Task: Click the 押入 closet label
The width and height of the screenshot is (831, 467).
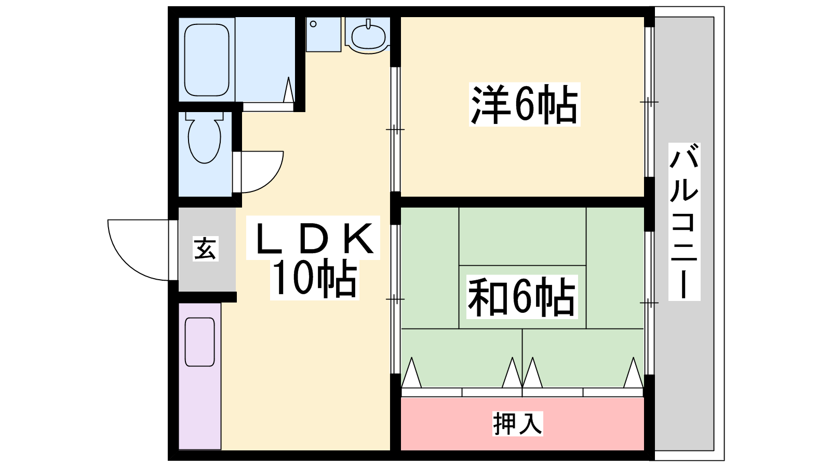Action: tap(517, 423)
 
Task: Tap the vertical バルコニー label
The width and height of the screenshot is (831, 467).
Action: tap(684, 222)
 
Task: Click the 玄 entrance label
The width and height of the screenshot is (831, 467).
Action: tap(205, 248)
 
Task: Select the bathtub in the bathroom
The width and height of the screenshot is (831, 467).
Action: tap(207, 59)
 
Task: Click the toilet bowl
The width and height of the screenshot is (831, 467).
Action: tap(204, 139)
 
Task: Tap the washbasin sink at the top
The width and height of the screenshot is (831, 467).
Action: tap(368, 36)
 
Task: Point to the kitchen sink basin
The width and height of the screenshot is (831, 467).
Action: tap(199, 341)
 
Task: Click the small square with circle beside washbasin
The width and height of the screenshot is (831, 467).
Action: tap(323, 34)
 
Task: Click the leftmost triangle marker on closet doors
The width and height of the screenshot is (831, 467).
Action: tap(411, 374)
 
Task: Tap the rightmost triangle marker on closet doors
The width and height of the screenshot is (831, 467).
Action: tap(633, 374)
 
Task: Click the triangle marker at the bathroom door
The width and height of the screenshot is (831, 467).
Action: tap(289, 91)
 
